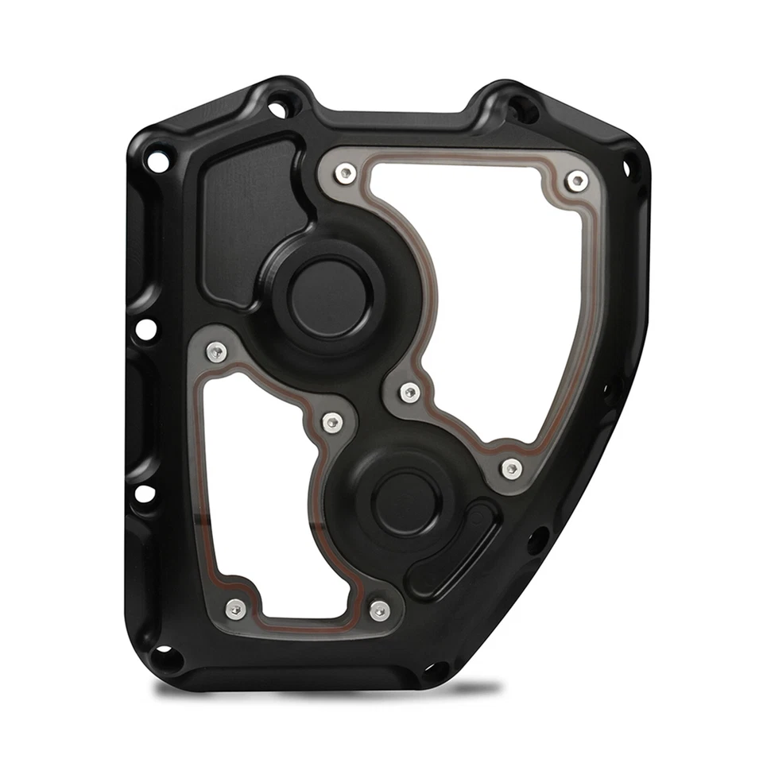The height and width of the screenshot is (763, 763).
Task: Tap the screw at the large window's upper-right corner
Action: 575,182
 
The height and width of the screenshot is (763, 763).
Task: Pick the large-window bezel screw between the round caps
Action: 409,391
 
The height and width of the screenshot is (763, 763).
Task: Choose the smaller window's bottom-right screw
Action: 380,610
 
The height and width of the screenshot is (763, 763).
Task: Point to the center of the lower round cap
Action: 407,502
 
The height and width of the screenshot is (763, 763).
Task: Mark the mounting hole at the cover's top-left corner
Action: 158,162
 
